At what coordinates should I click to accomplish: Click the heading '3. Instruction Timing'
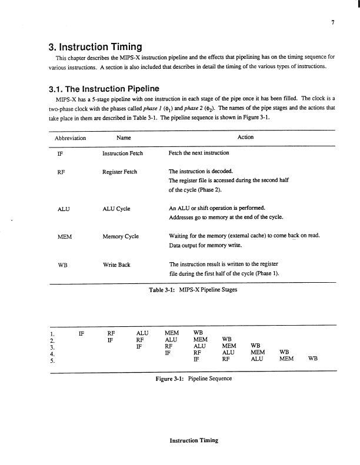(x=101, y=46)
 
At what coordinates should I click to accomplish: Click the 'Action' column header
(x=245, y=138)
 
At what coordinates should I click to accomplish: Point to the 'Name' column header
(x=124, y=138)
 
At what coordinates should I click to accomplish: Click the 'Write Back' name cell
(x=116, y=265)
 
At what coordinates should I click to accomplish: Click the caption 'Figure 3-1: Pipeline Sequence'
(x=194, y=378)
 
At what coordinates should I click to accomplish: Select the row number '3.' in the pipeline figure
(x=53, y=347)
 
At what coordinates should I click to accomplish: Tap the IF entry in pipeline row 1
(x=82, y=333)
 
